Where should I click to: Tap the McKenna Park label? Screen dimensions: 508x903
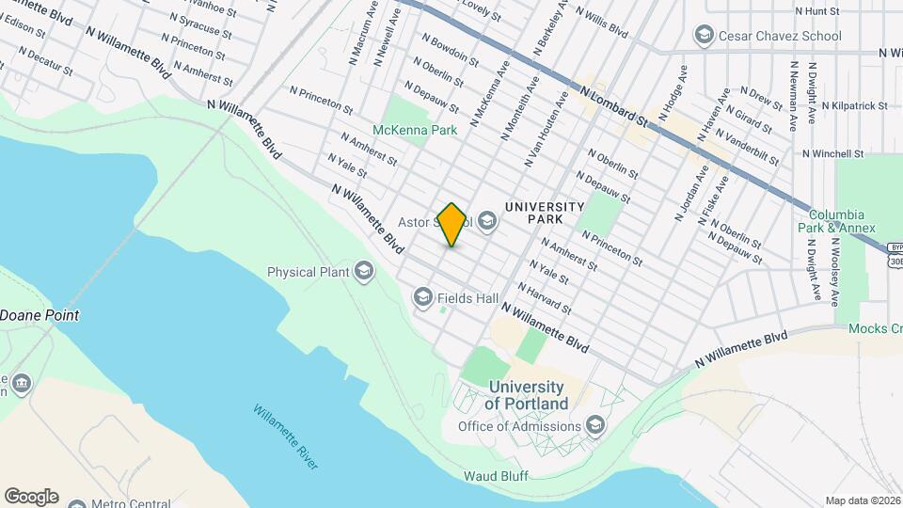[415, 130]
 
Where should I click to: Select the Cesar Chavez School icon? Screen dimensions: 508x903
[703, 36]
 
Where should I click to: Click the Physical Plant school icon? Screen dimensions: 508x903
[364, 272]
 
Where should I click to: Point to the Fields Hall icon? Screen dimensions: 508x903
[422, 298]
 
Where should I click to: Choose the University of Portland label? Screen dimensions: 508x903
[527, 395]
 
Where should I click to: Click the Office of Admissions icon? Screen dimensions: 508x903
[594, 426]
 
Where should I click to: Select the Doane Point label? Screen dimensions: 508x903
[40, 315]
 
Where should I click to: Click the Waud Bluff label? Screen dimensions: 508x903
[496, 476]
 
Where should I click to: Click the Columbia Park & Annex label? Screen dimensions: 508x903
[842, 221]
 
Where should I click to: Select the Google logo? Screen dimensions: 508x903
[31, 497]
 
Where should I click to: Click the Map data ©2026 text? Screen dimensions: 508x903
[863, 500]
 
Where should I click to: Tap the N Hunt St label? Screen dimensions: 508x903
[816, 11]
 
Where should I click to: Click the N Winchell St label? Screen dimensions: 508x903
[833, 153]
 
